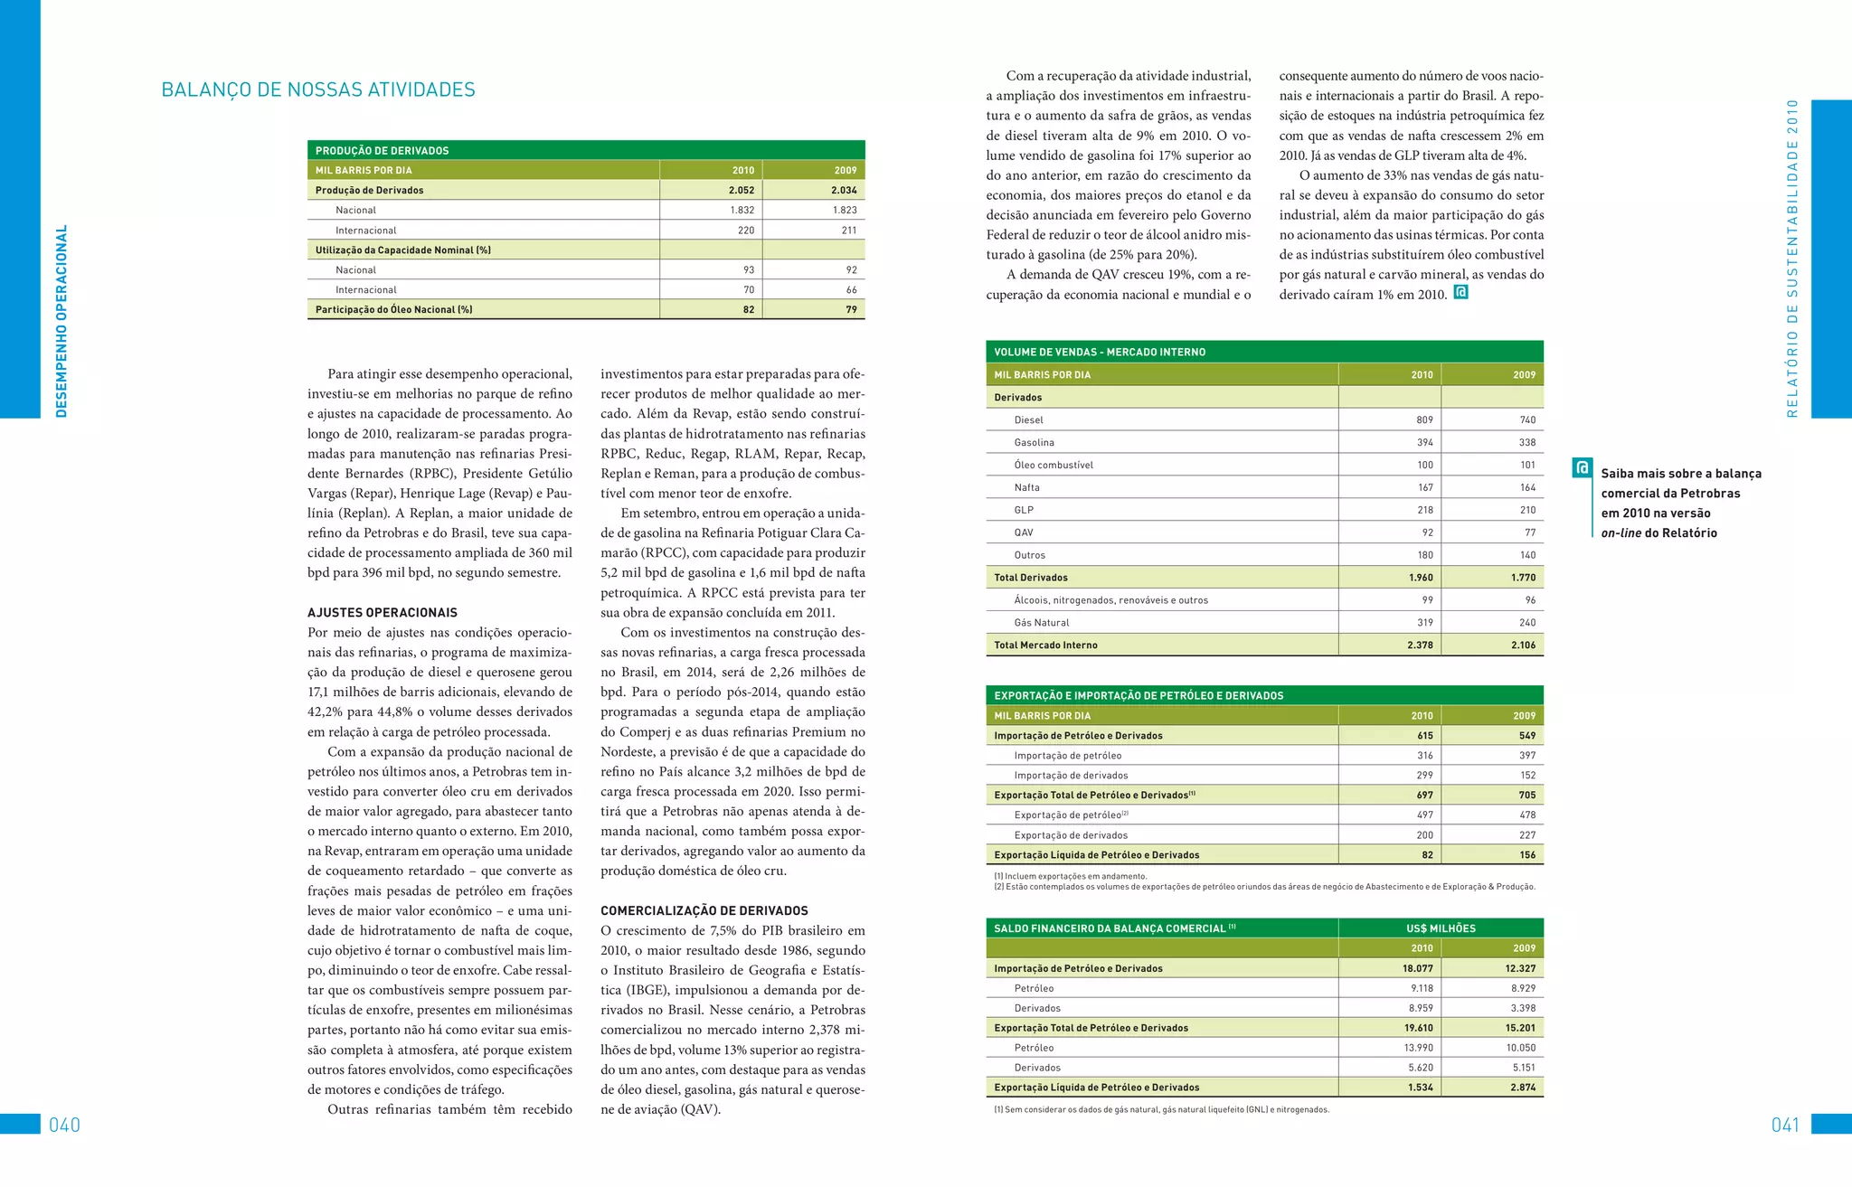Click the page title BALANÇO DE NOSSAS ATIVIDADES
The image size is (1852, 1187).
pyautogui.click(x=317, y=89)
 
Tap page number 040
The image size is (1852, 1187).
pyautogui.click(x=64, y=1125)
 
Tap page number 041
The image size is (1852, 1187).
pyautogui.click(x=1786, y=1125)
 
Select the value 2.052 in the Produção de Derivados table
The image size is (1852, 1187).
pyautogui.click(x=742, y=190)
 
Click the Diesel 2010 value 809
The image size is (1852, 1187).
pyautogui.click(x=1424, y=419)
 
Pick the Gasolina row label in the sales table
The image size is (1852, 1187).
pyautogui.click(x=1034, y=442)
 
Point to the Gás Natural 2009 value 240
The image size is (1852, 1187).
pyautogui.click(x=1527, y=622)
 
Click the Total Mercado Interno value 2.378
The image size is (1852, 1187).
pyautogui.click(x=1420, y=645)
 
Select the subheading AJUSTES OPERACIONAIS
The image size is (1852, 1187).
pyautogui.click(x=382, y=612)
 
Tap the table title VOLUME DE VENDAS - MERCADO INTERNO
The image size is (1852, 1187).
pyautogui.click(x=1099, y=352)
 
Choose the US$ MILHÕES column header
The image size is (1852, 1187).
pyautogui.click(x=1441, y=928)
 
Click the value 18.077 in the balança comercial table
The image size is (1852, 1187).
pyautogui.click(x=1417, y=968)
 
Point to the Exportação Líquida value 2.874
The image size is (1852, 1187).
pyautogui.click(x=1522, y=1088)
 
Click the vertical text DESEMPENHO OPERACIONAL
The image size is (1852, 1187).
pyautogui.click(x=61, y=321)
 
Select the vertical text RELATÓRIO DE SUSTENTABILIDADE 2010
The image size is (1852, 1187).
pyautogui.click(x=1792, y=259)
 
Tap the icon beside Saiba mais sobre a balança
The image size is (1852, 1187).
pyautogui.click(x=1582, y=467)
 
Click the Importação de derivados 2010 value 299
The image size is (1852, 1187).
pyautogui.click(x=1424, y=775)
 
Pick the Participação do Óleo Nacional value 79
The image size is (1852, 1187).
pyautogui.click(x=851, y=309)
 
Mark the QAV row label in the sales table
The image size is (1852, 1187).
pyautogui.click(x=1024, y=532)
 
